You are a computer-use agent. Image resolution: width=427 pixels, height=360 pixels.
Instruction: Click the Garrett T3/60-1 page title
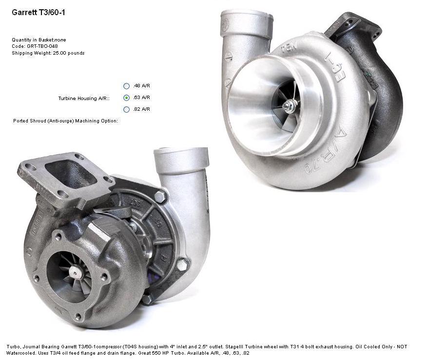point(39,13)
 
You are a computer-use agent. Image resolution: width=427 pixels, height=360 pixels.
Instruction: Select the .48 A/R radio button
point(126,86)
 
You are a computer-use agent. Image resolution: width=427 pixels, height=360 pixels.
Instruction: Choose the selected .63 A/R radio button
point(126,98)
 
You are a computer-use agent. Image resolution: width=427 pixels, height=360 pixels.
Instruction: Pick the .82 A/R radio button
point(126,109)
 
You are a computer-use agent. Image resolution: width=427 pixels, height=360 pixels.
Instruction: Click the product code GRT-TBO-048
point(42,46)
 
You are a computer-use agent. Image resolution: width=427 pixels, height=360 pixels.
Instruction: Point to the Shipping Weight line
point(48,53)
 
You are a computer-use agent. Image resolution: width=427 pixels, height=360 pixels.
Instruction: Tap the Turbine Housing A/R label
point(84,99)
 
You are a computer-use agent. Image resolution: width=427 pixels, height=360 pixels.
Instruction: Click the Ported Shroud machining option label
point(66,120)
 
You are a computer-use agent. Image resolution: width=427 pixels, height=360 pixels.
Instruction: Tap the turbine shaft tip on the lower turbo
point(75,271)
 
